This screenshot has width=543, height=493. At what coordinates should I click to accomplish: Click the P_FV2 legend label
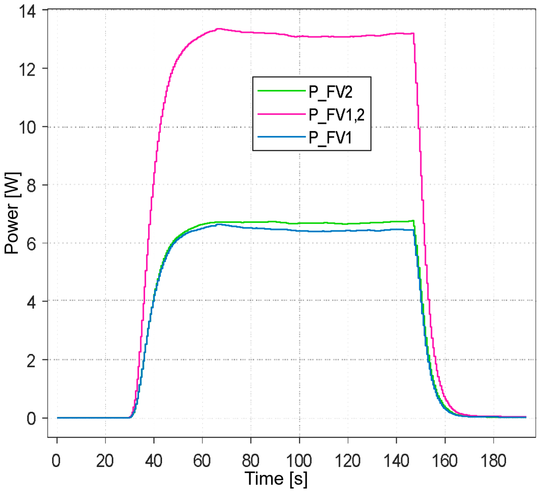[330, 92]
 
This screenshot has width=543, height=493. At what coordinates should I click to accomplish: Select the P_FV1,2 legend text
[337, 115]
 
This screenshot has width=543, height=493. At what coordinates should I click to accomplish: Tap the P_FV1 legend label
[330, 138]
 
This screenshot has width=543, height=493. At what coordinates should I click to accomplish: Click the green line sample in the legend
[282, 91]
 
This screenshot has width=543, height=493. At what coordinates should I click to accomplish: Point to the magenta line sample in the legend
[282, 114]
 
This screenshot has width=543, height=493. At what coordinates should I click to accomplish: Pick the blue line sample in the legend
[282, 137]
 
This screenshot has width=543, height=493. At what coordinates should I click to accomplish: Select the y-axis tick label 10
[27, 127]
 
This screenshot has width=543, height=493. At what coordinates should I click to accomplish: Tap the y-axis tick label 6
[31, 244]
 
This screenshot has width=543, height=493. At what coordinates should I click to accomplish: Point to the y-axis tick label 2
[31, 361]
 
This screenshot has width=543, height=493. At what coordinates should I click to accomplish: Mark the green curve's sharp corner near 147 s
[413, 221]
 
